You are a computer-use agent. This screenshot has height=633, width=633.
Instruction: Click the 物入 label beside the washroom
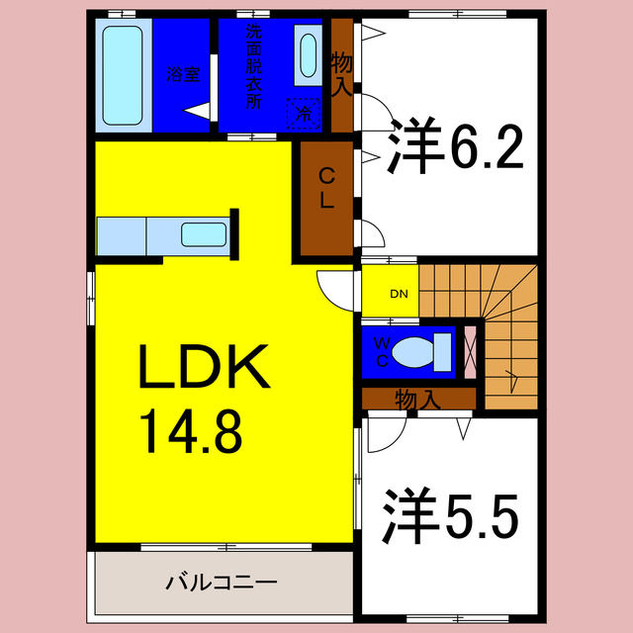click(x=341, y=74)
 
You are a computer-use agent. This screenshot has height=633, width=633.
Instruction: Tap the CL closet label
click(x=326, y=188)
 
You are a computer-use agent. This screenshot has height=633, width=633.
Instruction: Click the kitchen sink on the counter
click(x=206, y=235)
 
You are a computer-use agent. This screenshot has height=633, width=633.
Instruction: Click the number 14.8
click(x=190, y=430)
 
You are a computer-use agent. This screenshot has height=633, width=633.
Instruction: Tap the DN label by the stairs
click(x=399, y=294)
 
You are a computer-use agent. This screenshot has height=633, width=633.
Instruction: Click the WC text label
click(x=381, y=350)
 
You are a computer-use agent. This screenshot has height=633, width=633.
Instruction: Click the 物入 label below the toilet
click(x=417, y=400)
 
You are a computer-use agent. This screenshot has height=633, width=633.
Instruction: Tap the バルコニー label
click(x=221, y=582)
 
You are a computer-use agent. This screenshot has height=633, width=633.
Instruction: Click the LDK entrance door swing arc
click(x=331, y=286)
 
